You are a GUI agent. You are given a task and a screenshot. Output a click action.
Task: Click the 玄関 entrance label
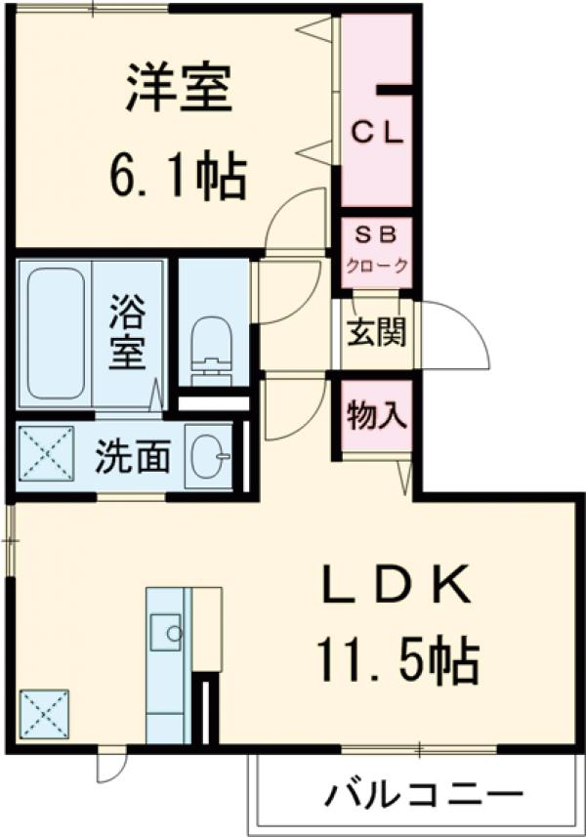[x=375, y=333]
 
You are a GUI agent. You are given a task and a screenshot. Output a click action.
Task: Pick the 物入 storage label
[x=376, y=416]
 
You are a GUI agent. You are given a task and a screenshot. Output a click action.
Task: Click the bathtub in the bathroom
[x=55, y=332]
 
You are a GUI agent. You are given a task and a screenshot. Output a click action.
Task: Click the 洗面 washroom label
[x=133, y=456]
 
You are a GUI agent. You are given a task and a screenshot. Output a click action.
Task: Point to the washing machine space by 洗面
[x=47, y=455]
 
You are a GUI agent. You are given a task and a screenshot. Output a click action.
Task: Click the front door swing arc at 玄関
[x=459, y=337]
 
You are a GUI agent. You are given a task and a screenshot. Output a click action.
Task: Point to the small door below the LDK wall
[x=109, y=764]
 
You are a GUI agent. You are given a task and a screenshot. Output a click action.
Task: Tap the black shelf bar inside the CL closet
[x=395, y=91]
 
